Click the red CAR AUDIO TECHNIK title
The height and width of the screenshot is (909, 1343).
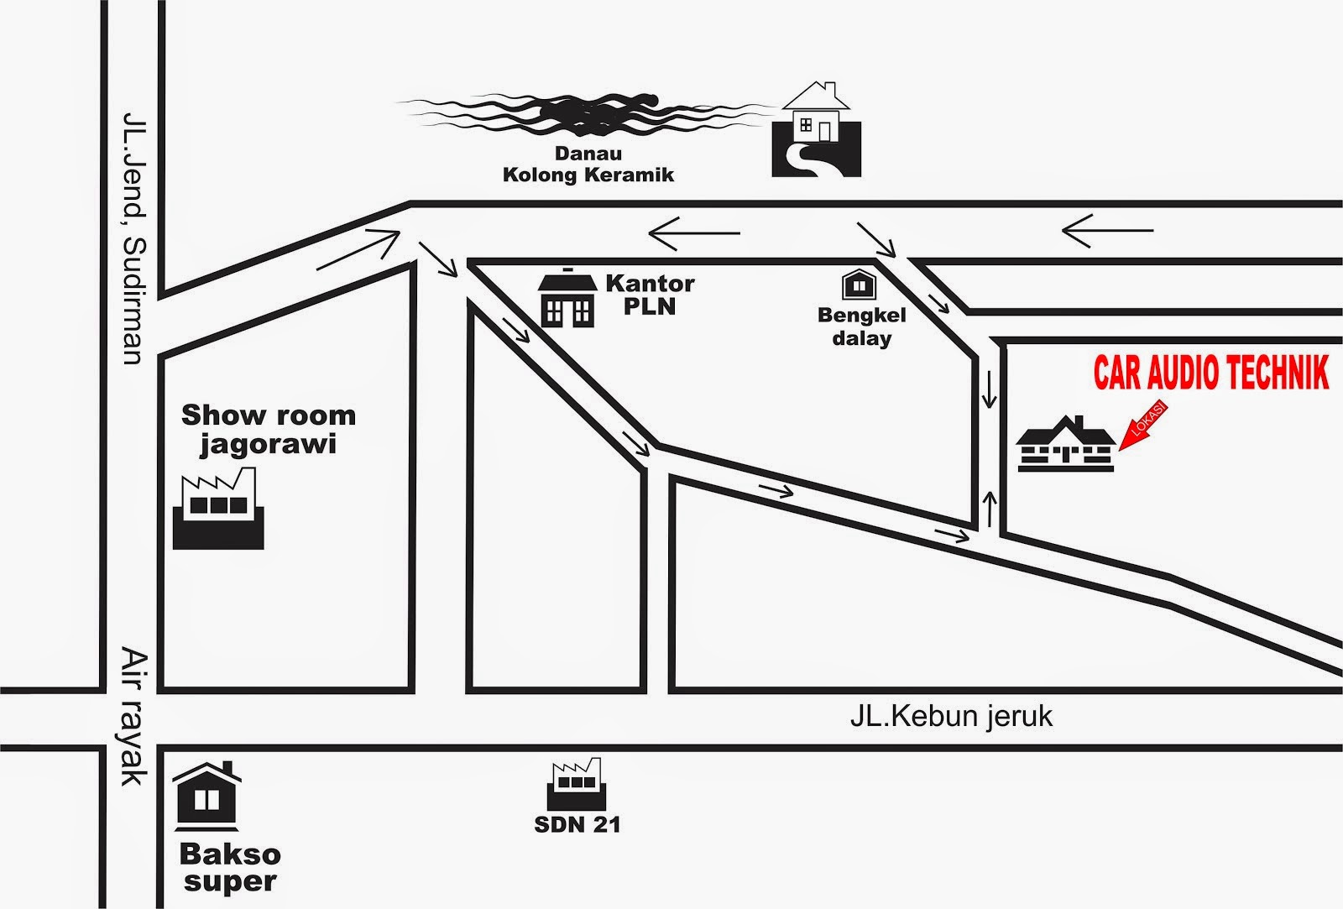click(x=1211, y=374)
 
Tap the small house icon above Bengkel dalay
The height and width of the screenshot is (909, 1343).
click(x=859, y=285)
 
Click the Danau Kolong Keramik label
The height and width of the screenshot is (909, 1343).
click(x=588, y=165)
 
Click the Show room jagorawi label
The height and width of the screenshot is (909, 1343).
click(x=269, y=428)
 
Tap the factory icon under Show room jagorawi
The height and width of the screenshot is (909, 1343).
click(x=218, y=509)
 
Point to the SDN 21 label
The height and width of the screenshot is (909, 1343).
click(x=577, y=824)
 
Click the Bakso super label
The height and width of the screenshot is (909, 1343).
click(x=229, y=868)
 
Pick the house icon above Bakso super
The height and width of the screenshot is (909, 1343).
click(x=206, y=797)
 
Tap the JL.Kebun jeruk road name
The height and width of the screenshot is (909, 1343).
click(x=951, y=717)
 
